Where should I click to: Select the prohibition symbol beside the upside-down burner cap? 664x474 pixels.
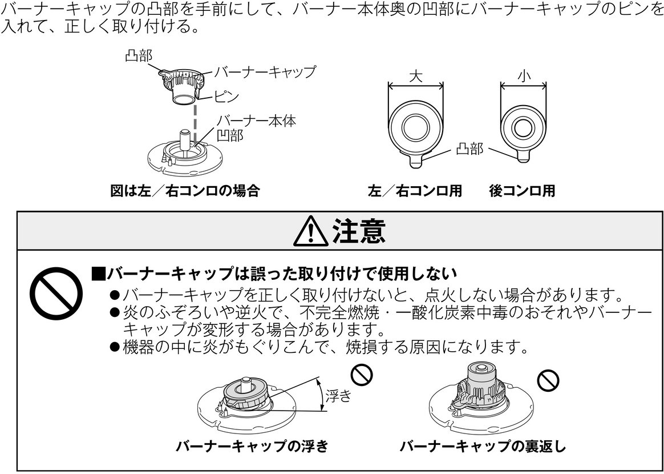[x=549, y=380]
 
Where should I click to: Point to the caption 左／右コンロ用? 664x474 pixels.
[x=415, y=191]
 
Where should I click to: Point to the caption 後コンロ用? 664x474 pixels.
[x=521, y=191]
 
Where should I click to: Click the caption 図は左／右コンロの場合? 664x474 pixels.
[x=184, y=191]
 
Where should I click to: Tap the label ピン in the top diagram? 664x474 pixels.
[x=226, y=97]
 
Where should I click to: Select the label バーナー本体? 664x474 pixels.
[x=256, y=121]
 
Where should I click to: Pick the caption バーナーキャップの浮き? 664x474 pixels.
[x=252, y=446]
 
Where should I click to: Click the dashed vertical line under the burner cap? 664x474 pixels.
[x=195, y=123]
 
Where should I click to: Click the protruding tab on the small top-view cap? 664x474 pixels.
[x=524, y=155]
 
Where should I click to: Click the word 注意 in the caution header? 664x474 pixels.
[x=358, y=232]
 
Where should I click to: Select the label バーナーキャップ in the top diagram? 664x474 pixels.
[x=265, y=73]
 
